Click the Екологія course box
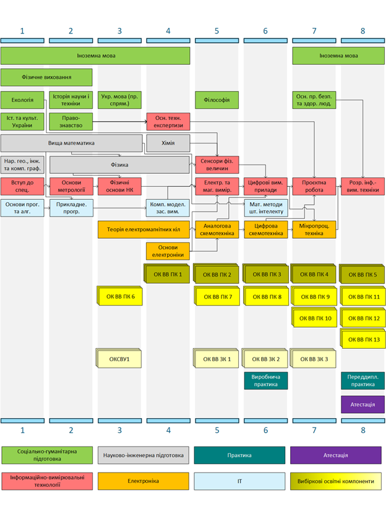point(22,100)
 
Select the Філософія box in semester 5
point(217,100)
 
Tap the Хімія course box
point(168,143)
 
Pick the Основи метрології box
point(71,186)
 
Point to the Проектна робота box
point(314,186)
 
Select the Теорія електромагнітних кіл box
point(144,229)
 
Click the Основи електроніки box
point(168,251)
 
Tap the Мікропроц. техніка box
point(314,229)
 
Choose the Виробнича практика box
point(265,380)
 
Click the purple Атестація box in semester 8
point(362,405)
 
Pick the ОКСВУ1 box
point(119,359)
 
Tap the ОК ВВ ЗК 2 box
point(266,359)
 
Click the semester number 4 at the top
point(168,30)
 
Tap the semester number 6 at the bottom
point(265,430)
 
